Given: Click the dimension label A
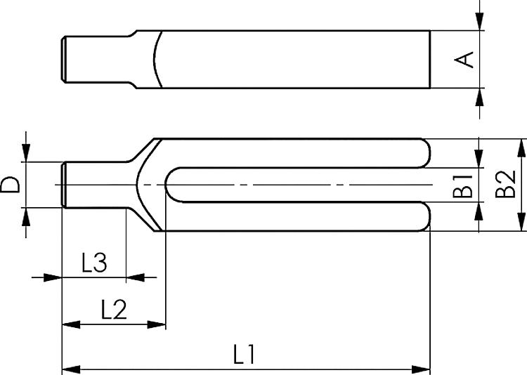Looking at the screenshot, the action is click(x=464, y=60).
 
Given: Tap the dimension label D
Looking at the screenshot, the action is click(x=10, y=185).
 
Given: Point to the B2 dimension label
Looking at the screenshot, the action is click(x=505, y=184).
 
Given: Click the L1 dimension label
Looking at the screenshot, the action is click(x=245, y=354).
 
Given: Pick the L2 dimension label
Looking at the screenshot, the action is click(x=115, y=310).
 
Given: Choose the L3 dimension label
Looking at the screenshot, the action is click(x=94, y=263).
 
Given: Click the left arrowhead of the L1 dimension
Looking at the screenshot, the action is click(x=71, y=369).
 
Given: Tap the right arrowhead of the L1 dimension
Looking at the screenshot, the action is click(x=421, y=369).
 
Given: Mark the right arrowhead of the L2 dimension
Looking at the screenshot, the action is click(x=157, y=324).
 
